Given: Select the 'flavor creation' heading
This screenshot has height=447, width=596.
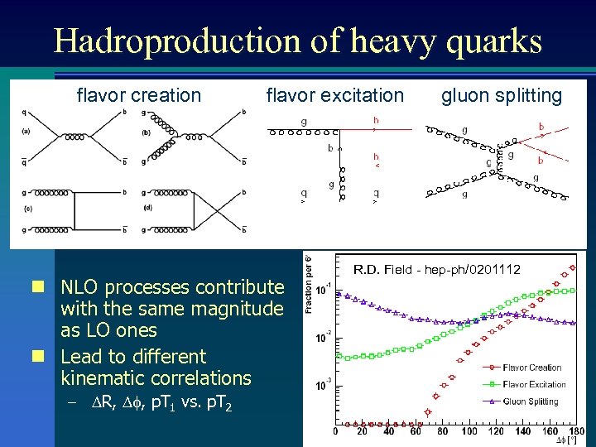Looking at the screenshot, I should click(138, 96).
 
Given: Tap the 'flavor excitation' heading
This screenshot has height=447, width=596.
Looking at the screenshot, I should click(334, 96).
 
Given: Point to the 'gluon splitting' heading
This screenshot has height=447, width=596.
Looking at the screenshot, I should click(501, 96).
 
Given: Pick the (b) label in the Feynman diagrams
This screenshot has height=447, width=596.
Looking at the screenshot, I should click(146, 131).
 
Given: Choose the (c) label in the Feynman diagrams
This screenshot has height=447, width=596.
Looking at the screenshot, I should click(26, 208).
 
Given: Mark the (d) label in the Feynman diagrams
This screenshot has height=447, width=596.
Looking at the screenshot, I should click(147, 207).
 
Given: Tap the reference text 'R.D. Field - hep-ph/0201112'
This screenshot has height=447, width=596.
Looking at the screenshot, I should click(437, 269).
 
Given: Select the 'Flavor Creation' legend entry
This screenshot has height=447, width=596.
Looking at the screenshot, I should click(531, 368).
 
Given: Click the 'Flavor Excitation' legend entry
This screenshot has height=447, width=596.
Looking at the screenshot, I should click(534, 384).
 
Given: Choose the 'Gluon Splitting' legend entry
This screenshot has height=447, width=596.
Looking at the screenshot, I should click(530, 401).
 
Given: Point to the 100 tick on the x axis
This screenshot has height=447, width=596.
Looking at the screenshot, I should click(469, 431).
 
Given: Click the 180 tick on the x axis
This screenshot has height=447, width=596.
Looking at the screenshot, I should click(575, 431).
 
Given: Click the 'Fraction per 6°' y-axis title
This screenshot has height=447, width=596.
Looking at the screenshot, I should click(310, 283).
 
